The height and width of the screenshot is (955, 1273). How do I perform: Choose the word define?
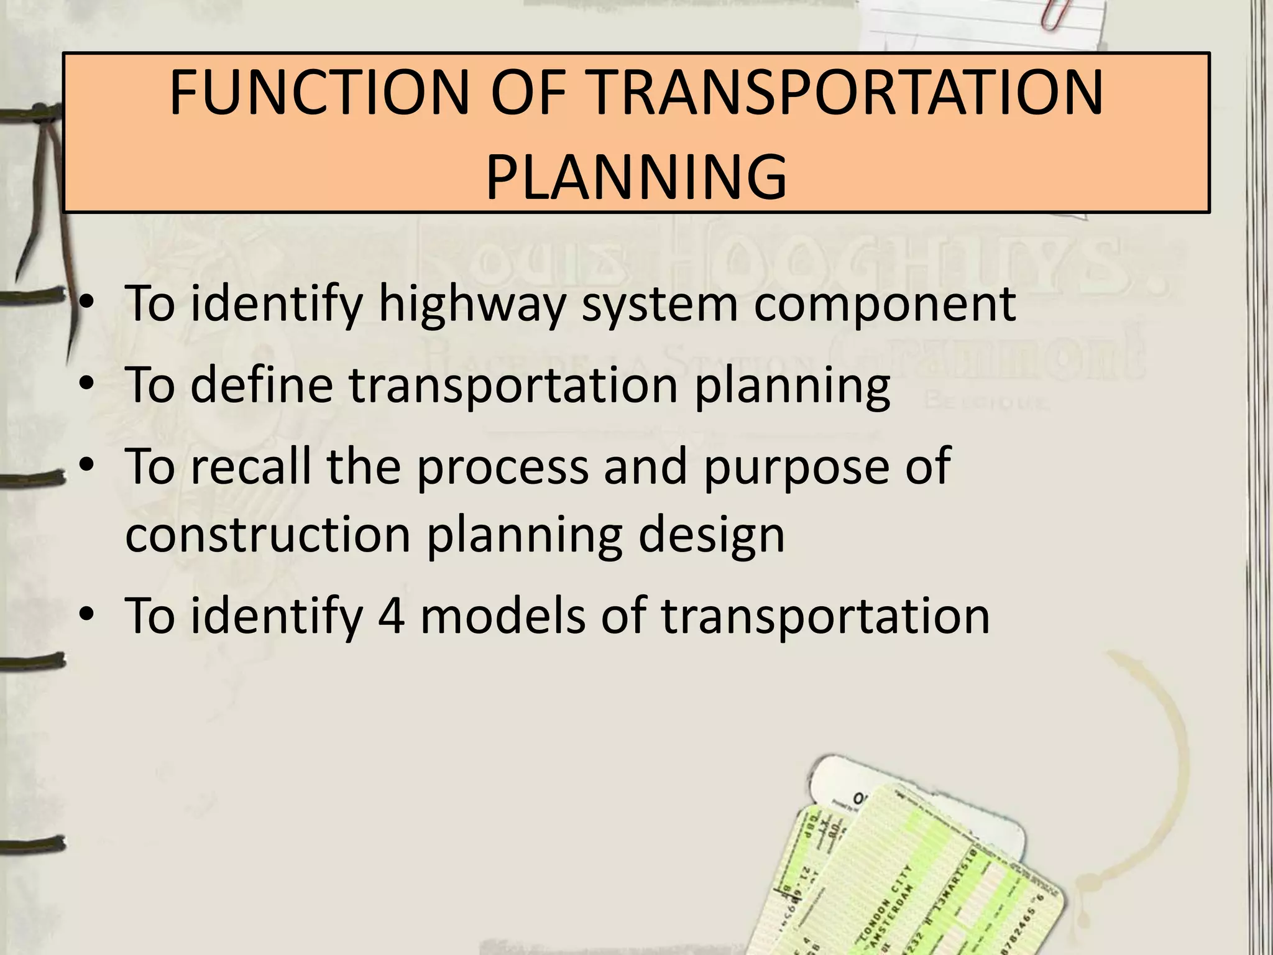click(262, 384)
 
